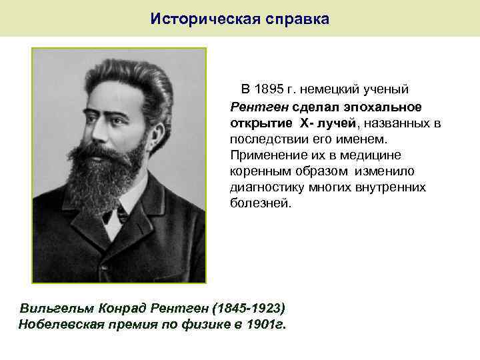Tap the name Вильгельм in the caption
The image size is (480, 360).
[57, 308]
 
